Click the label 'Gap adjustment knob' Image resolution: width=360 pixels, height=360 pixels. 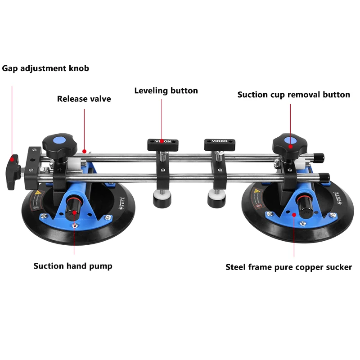coord(45,68)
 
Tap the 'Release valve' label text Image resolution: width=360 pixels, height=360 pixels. coord(84,99)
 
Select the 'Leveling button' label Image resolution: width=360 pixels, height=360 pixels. coord(166,90)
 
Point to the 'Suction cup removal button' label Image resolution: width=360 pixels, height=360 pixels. coord(293,94)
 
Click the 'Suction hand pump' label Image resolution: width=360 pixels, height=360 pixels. coord(73,265)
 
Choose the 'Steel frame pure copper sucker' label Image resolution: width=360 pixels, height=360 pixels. coord(288,267)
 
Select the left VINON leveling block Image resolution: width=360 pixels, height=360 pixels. coord(162,143)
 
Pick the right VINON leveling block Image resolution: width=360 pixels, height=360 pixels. coord(220,144)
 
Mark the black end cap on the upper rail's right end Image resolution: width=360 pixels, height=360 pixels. coord(318,157)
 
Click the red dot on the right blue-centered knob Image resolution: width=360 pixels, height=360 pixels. coord(290,146)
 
